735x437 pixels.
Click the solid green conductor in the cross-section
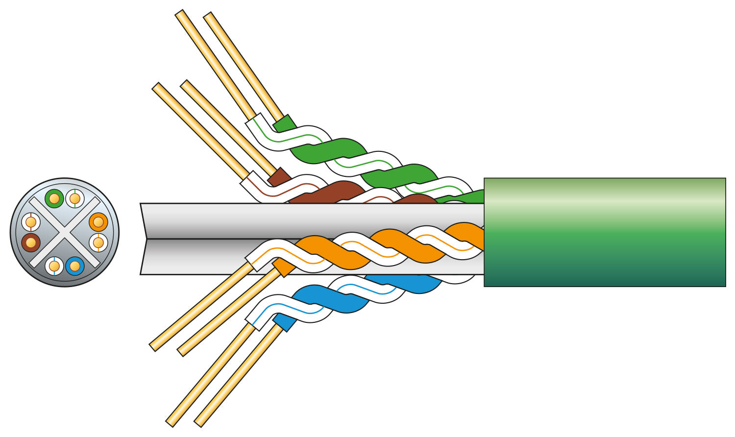pos(54,198)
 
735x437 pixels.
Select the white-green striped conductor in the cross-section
pos(75,198)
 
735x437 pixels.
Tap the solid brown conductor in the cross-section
pos(30,242)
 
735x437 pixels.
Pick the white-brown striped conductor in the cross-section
pos(30,222)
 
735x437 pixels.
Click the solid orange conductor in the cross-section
pos(98,222)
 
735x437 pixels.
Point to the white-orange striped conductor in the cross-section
pos(98,242)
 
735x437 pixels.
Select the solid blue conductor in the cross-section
pos(74,266)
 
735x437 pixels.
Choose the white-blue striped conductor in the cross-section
pos(54,266)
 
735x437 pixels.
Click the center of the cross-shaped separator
pos(64,232)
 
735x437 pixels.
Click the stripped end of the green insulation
pos(285,123)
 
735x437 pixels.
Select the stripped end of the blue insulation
pos(285,322)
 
